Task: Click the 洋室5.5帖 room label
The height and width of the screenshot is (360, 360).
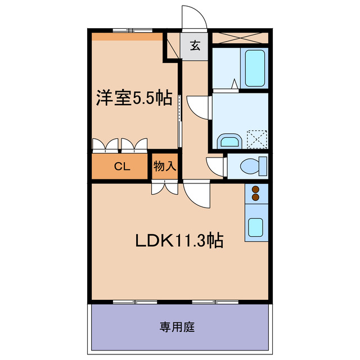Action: click(x=133, y=98)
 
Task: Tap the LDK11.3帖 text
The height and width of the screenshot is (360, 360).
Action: click(x=179, y=241)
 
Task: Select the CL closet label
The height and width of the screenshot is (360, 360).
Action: click(x=122, y=166)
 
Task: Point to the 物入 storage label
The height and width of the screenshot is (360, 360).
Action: click(x=165, y=166)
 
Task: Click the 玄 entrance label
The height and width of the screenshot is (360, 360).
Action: click(x=195, y=46)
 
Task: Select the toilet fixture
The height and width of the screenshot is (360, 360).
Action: click(x=253, y=166)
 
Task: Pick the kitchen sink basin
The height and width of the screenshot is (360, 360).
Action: click(x=256, y=227)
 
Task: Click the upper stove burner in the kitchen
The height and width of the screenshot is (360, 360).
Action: click(x=256, y=190)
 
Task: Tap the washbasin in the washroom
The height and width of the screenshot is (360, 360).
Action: click(x=229, y=140)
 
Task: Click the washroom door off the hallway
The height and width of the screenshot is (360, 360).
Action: click(x=198, y=106)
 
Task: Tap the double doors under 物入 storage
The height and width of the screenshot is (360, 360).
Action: click(x=165, y=188)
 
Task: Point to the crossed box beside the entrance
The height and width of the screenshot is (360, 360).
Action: click(x=239, y=38)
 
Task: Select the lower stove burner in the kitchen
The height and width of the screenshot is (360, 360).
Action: click(x=256, y=197)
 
